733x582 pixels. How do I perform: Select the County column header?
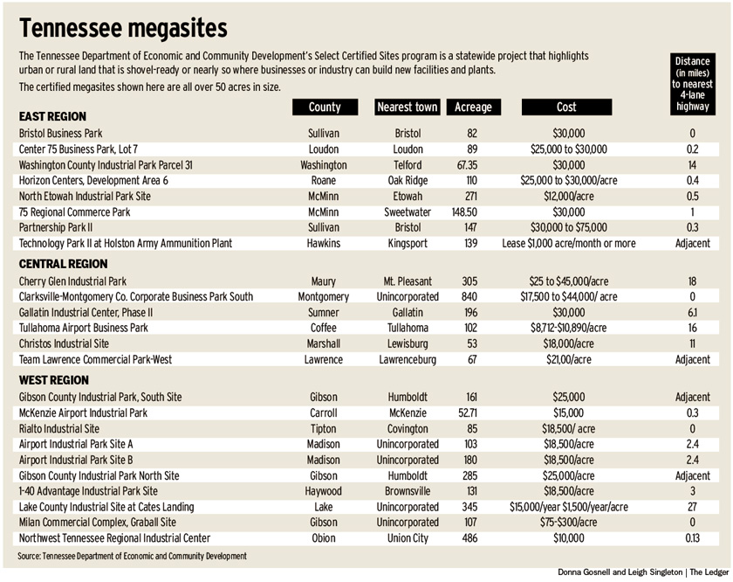[x=324, y=107]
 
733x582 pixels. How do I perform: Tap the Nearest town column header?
[x=407, y=107]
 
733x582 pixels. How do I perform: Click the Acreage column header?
[x=474, y=107]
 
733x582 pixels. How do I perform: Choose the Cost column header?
[x=566, y=107]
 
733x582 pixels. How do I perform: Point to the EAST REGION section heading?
[x=52, y=116]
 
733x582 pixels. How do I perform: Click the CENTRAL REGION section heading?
[x=63, y=264]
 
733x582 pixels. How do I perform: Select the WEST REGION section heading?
[x=54, y=380]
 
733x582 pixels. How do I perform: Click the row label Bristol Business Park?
[x=61, y=134]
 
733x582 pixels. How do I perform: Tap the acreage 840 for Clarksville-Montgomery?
[x=472, y=297]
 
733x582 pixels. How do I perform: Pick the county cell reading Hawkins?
[x=324, y=244]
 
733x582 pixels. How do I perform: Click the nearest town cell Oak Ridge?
[x=407, y=181]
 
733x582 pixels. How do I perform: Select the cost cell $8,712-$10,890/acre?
[x=566, y=329]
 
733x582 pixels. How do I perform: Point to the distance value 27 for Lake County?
[x=693, y=507]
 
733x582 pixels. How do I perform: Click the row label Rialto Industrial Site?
[x=59, y=429]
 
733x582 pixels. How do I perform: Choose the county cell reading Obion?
[x=324, y=538]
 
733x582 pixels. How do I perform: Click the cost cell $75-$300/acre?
[x=566, y=523]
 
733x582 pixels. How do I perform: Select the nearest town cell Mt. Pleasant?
[x=407, y=281]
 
